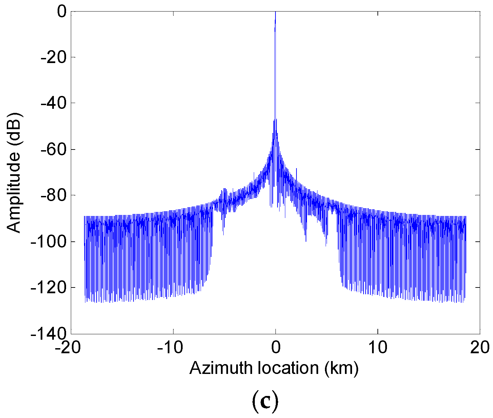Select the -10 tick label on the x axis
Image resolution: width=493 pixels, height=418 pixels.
click(x=173, y=348)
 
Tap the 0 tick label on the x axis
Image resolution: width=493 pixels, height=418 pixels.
click(x=275, y=348)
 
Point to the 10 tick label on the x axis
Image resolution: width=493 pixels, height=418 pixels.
click(x=378, y=348)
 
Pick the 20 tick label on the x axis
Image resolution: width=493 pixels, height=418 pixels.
click(x=480, y=348)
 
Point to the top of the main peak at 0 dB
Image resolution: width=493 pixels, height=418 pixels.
click(x=275, y=13)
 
